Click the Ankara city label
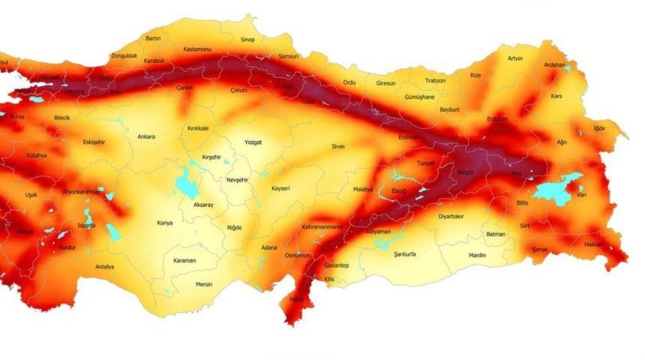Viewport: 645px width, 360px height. [147, 136]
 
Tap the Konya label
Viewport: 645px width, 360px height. [164, 223]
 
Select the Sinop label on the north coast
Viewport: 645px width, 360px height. [247, 40]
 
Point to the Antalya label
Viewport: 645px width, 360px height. [105, 266]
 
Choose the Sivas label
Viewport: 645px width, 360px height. [338, 146]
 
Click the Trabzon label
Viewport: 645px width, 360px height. [435, 80]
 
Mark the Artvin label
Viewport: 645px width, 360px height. [515, 58]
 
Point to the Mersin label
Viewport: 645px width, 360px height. [204, 284]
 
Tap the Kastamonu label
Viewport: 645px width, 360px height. [197, 49]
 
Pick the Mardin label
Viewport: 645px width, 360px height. [477, 256]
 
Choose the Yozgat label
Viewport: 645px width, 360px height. [253, 142]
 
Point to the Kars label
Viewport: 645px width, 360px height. [556, 96]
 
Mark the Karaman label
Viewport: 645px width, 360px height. [184, 260]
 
